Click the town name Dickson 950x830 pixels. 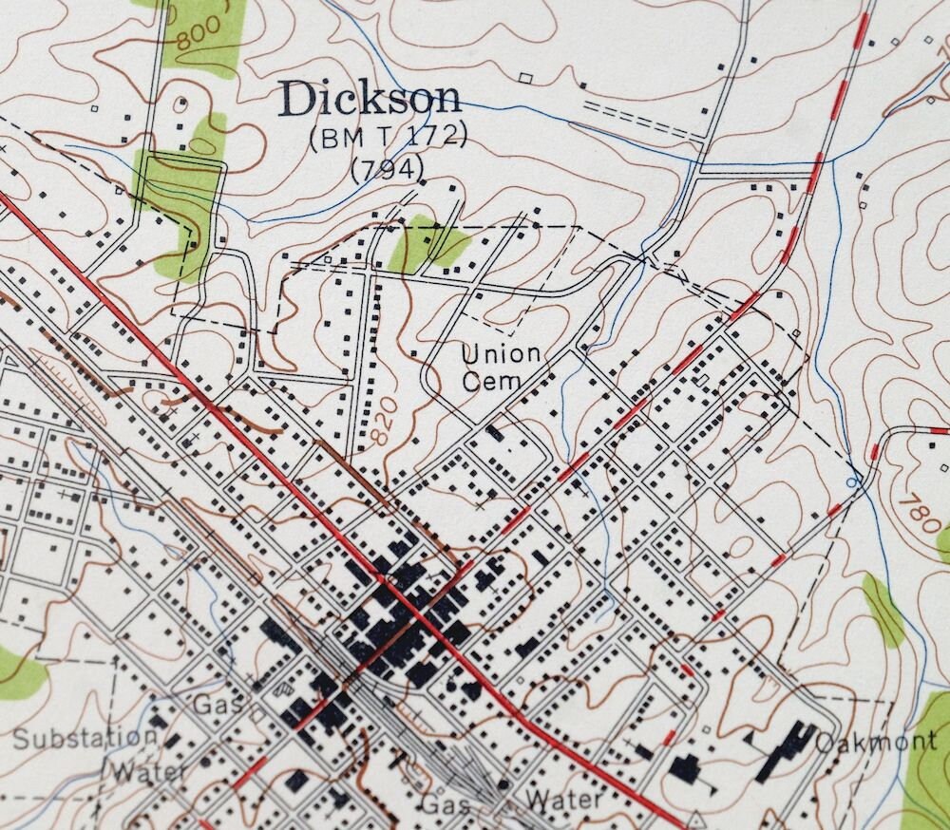pyautogui.click(x=370, y=100)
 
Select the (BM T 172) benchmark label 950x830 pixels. pyautogui.click(x=388, y=139)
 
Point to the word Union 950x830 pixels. pyautogui.click(x=501, y=354)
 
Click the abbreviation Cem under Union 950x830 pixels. pyautogui.click(x=492, y=381)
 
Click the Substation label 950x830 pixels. pyautogui.click(x=85, y=738)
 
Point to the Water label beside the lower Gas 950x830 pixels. pyautogui.click(x=564, y=800)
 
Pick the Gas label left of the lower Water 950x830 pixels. pyautogui.click(x=446, y=802)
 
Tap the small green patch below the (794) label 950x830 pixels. pyautogui.click(x=427, y=244)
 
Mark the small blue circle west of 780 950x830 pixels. pyautogui.click(x=852, y=482)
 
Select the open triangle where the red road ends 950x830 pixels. pyautogui.click(x=696, y=819)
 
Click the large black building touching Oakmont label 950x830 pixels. pyautogui.click(x=784, y=750)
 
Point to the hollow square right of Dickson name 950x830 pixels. pyautogui.click(x=525, y=77)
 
